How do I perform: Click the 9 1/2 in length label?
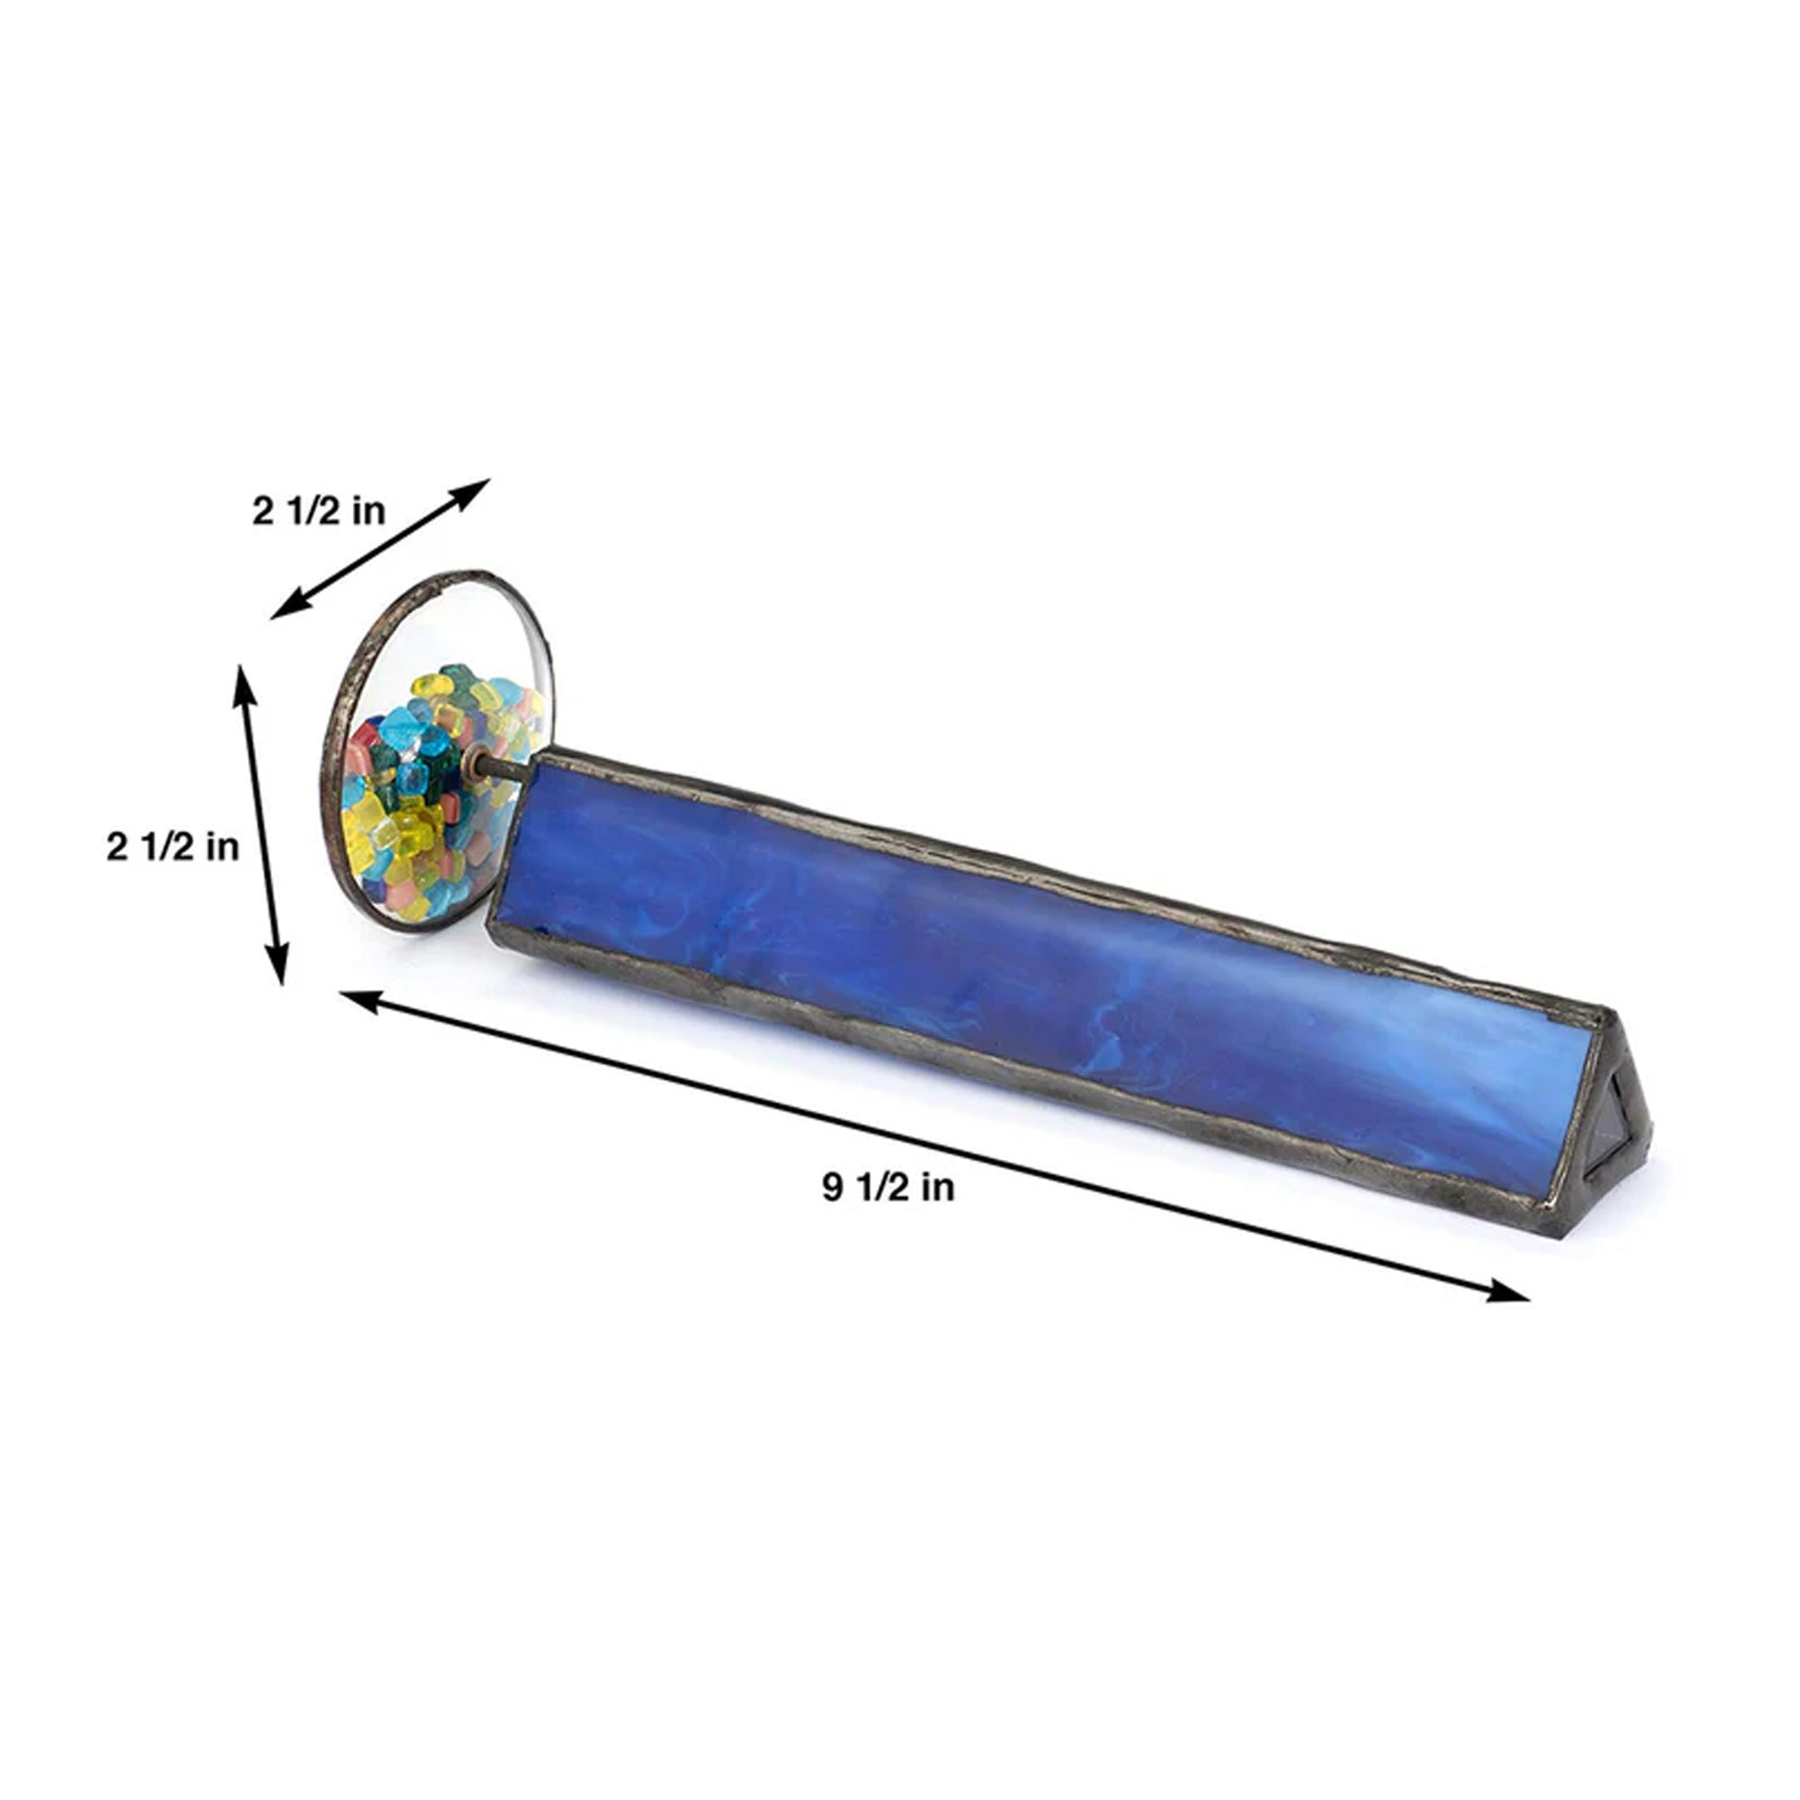click(888, 1188)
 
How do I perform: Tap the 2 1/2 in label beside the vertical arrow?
click(172, 847)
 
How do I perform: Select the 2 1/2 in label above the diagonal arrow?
click(318, 511)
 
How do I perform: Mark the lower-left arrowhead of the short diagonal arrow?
click(289, 606)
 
